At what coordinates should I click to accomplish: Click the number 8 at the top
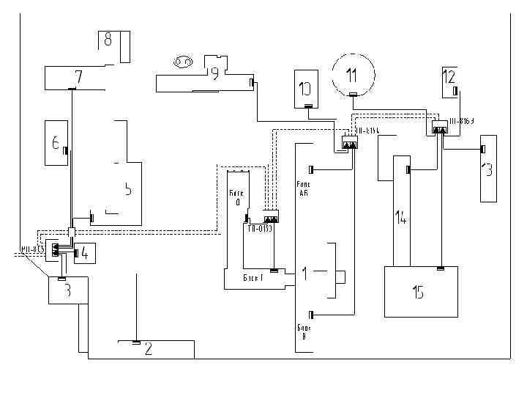[108, 40]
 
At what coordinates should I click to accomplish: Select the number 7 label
[78, 76]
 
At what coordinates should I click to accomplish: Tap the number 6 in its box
[55, 143]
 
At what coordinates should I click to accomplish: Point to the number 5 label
[127, 188]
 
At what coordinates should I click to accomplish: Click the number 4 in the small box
[84, 253]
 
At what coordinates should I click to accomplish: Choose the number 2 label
[148, 349]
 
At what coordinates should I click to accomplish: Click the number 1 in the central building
[304, 274]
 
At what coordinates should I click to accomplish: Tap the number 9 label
[214, 73]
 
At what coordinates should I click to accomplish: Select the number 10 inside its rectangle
[305, 89]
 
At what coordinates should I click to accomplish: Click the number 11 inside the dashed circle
[352, 74]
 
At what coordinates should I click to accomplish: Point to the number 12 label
[449, 76]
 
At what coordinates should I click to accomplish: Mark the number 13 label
[487, 169]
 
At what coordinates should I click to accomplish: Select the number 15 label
[417, 293]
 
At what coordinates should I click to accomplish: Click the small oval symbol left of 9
[182, 62]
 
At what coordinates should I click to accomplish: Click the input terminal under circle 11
[352, 95]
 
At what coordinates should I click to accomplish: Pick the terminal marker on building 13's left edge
[482, 150]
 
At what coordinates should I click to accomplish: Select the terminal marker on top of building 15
[439, 269]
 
